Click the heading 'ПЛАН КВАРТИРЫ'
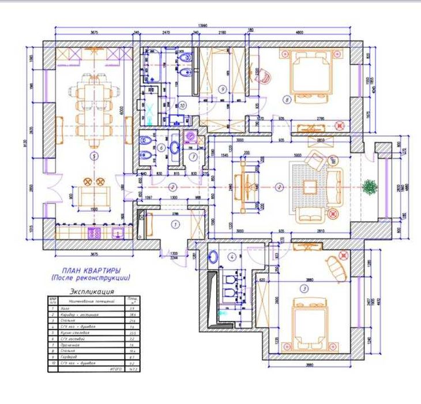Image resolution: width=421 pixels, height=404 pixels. coord(91,270)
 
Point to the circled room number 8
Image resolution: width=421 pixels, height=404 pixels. coord(287,99)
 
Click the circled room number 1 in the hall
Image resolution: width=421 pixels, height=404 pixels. coord(176,222)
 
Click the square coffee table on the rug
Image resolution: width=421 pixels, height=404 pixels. coord(310,186)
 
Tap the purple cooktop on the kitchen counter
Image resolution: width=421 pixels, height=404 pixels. coord(93,233)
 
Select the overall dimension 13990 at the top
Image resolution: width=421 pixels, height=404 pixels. coord(203,26)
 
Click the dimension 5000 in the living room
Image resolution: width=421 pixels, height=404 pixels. coord(298,155)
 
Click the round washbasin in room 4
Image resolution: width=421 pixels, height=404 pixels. coord(215,256)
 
